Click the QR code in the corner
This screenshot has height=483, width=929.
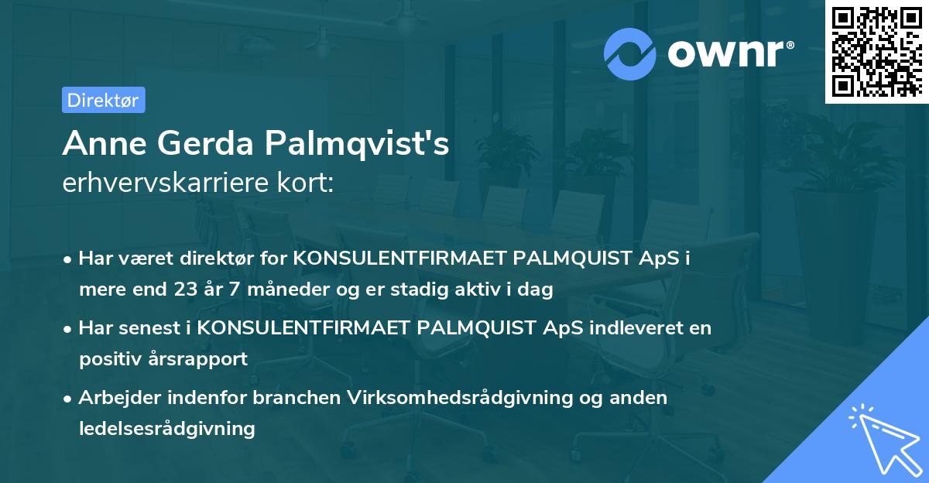tap(876, 52)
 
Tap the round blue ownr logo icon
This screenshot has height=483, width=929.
tap(630, 53)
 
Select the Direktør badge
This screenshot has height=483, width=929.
tap(103, 100)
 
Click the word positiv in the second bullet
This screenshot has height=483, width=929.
tap(114, 359)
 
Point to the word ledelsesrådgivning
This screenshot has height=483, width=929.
tap(166, 428)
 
